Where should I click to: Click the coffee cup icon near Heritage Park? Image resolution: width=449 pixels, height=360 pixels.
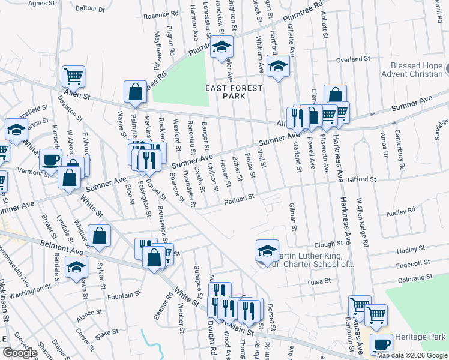click(x=381, y=344)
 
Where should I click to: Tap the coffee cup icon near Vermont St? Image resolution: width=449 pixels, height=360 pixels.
click(x=50, y=159)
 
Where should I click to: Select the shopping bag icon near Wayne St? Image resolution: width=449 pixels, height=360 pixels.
click(x=136, y=92)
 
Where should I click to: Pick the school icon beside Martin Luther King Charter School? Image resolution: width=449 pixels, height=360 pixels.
click(x=267, y=250)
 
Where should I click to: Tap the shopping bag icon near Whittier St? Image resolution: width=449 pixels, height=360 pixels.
click(x=99, y=236)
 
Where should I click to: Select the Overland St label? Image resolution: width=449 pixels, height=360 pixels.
click(x=352, y=59)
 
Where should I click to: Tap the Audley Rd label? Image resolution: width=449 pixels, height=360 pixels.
click(x=402, y=211)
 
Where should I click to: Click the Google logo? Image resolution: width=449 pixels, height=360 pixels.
click(x=19, y=353)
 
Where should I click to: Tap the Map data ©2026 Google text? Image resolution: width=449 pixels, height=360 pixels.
click(x=412, y=355)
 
